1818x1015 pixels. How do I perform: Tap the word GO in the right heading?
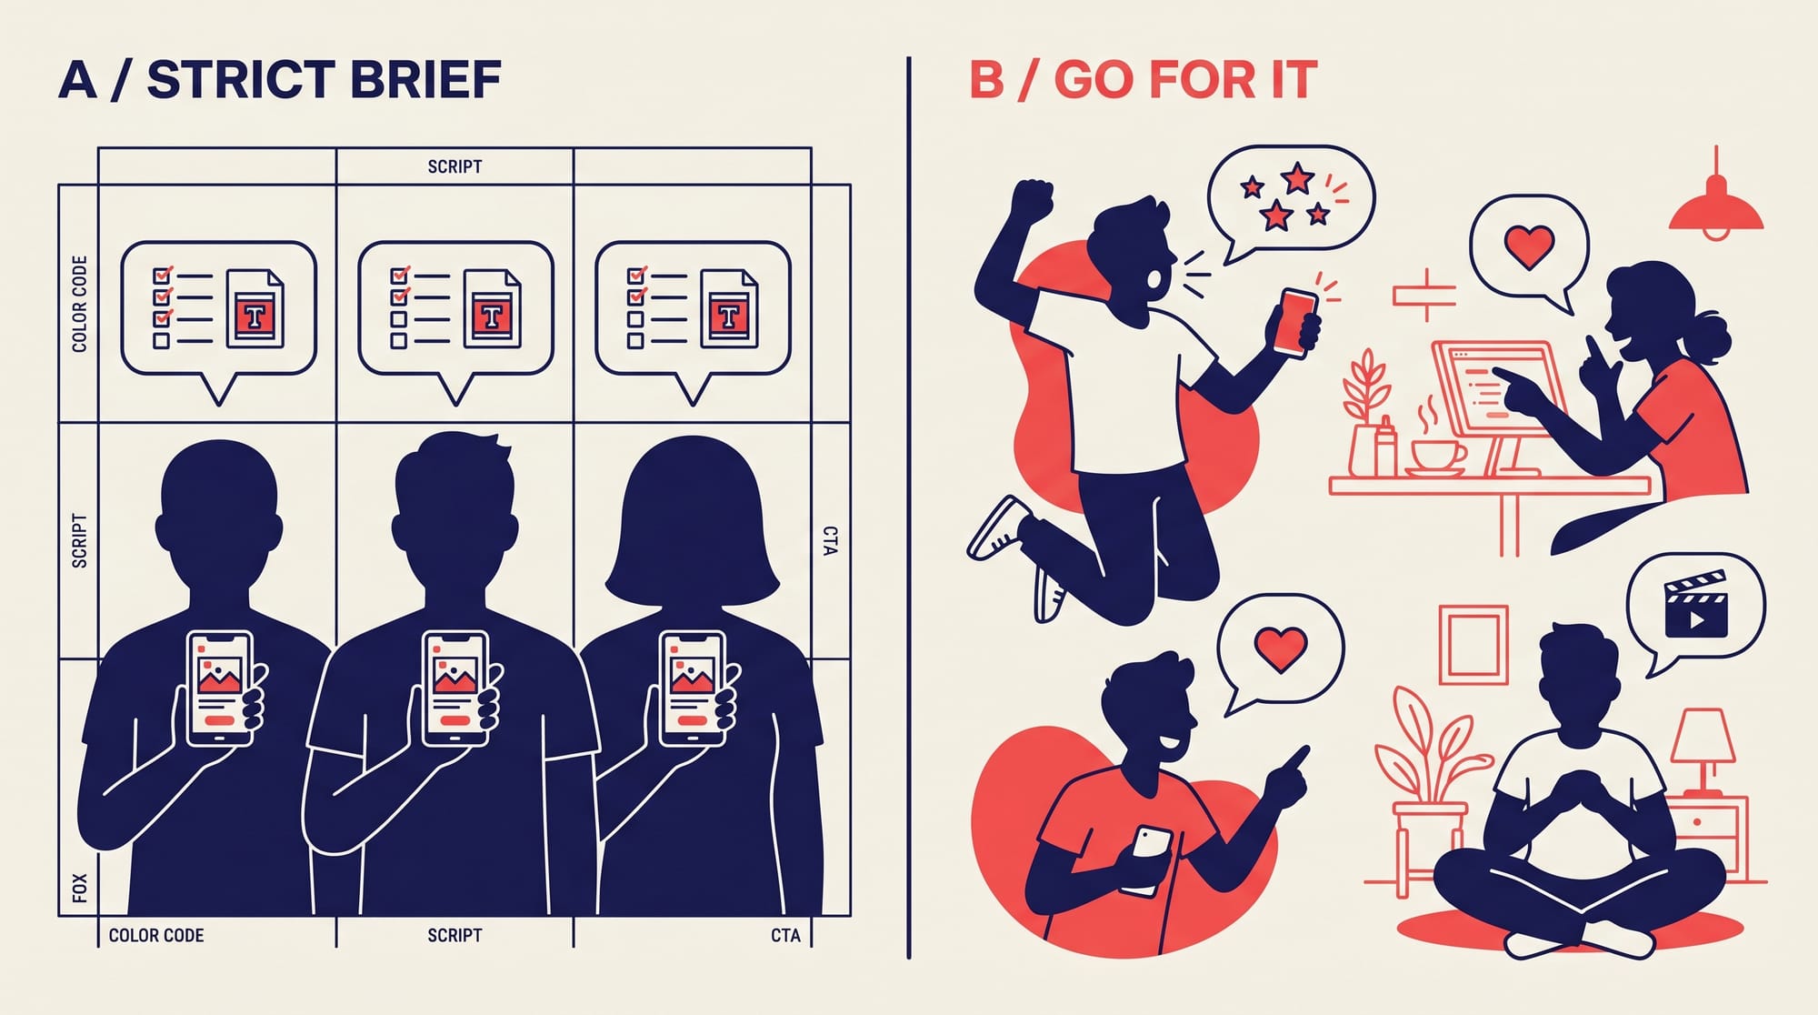tap(1094, 80)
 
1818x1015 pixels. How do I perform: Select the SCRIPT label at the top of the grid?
tap(454, 166)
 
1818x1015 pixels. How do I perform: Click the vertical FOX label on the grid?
tap(79, 888)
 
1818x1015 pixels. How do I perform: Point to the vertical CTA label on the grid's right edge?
tap(830, 540)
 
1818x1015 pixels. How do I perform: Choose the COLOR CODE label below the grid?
tap(156, 935)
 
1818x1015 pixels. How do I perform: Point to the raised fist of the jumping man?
tap(1032, 201)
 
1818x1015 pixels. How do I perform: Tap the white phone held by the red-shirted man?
tap(1148, 859)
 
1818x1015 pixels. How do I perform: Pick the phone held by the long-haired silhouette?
tap(693, 688)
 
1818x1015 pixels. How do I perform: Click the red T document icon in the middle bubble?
tap(492, 316)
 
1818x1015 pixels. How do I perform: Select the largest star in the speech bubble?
tap(1297, 176)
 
